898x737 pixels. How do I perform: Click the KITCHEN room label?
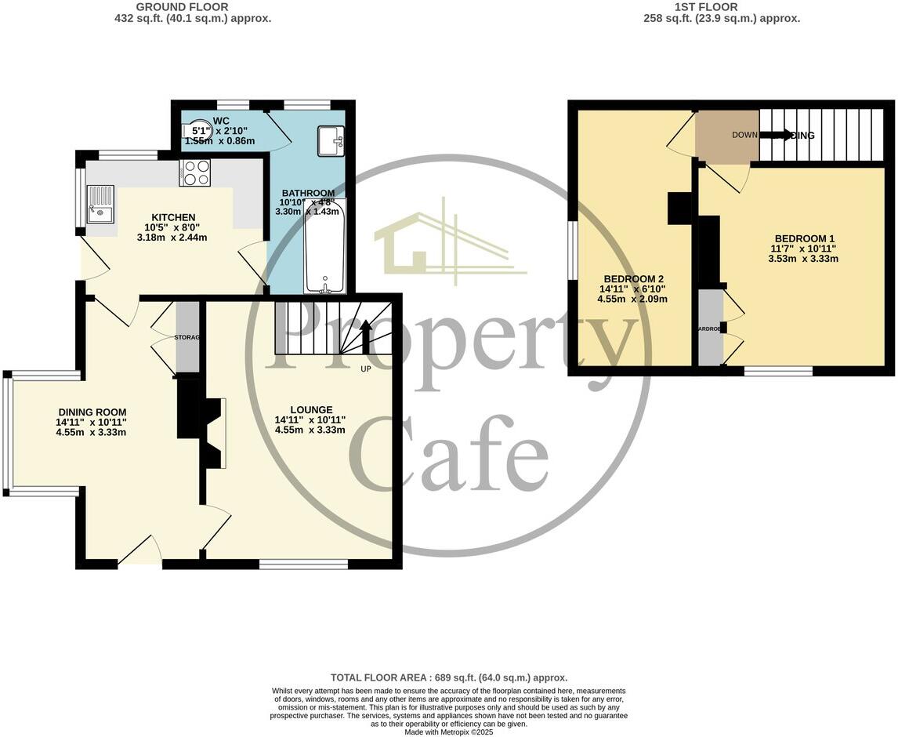pos(173,217)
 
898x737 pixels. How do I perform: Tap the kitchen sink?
pos(100,205)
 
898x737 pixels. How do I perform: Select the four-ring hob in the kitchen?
pos(194,172)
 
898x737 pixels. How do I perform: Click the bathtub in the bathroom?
pos(324,246)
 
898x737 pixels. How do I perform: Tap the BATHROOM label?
pos(308,193)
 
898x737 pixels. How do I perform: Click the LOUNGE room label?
pos(311,409)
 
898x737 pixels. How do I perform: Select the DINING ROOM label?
pos(92,412)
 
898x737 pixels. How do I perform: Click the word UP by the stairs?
pos(365,368)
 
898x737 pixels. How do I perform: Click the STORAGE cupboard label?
pos(187,337)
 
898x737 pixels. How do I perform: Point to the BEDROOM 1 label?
pos(805,239)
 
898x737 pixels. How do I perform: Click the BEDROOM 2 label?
pos(633,279)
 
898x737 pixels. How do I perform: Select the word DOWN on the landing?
pos(744,135)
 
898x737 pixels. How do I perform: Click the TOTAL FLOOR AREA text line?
pos(448,677)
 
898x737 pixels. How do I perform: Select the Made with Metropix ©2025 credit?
pos(448,732)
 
